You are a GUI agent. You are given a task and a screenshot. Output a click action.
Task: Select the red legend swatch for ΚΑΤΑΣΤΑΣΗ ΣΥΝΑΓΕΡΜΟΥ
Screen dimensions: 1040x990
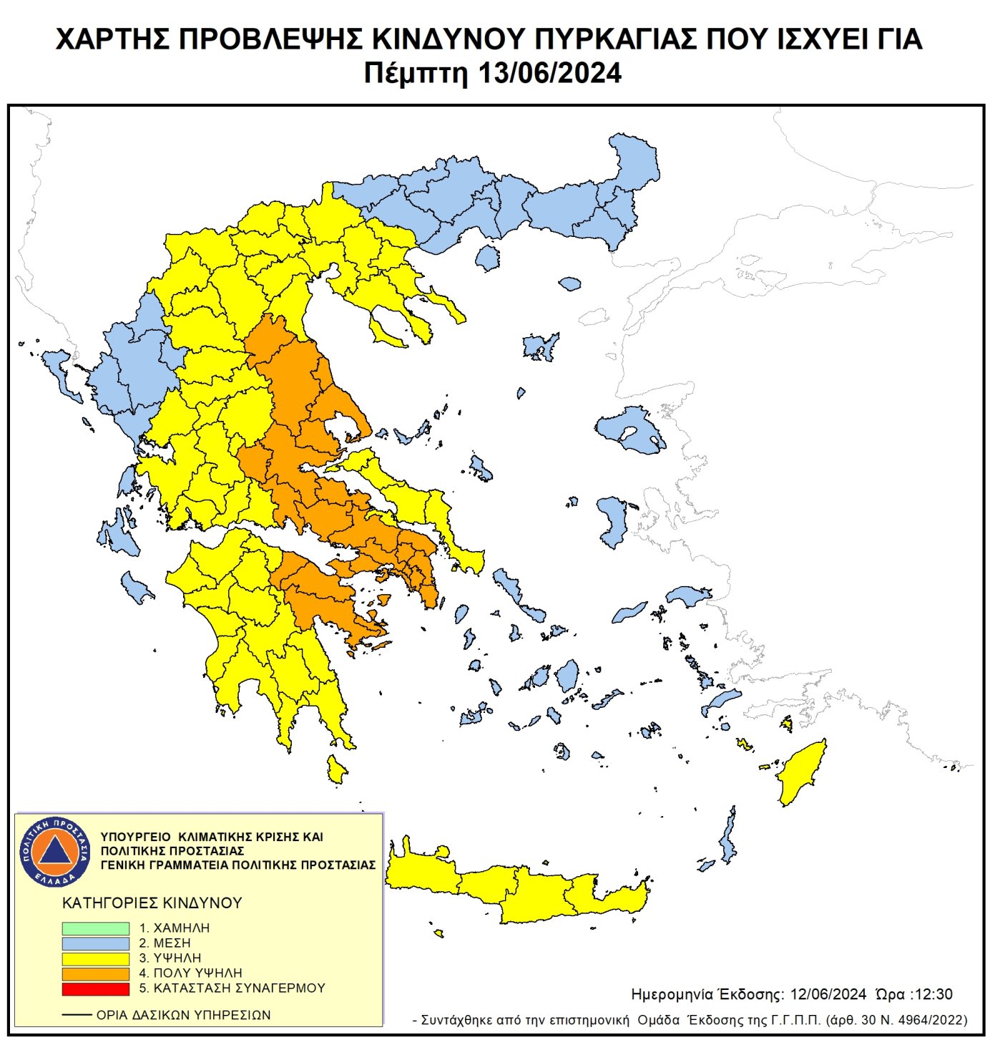click(x=95, y=988)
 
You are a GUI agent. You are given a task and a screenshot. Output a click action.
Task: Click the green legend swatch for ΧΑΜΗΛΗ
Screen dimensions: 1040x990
click(x=95, y=928)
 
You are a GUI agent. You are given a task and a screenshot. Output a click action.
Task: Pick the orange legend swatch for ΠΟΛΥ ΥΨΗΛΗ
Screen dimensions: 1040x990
click(x=95, y=973)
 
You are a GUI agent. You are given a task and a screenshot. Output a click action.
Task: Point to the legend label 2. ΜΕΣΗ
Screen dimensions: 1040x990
click(x=165, y=943)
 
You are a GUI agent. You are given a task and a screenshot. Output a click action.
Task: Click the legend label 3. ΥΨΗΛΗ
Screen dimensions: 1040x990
click(x=170, y=958)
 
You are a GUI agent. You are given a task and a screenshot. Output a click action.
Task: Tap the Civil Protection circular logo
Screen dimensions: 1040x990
click(x=55, y=852)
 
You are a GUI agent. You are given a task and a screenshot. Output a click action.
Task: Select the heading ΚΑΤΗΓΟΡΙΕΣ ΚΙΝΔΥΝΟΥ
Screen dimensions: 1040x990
click(x=152, y=903)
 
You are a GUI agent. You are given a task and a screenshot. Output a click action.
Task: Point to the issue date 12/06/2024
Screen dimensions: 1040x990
click(x=828, y=995)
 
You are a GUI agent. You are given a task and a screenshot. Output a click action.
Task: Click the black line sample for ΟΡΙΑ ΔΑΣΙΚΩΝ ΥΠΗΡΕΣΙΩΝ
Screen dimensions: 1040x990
click(x=77, y=1015)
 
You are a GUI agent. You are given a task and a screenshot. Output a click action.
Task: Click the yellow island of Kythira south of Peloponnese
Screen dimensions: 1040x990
click(x=335, y=769)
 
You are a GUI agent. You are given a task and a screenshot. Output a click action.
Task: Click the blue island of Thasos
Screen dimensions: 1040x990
click(x=487, y=258)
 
